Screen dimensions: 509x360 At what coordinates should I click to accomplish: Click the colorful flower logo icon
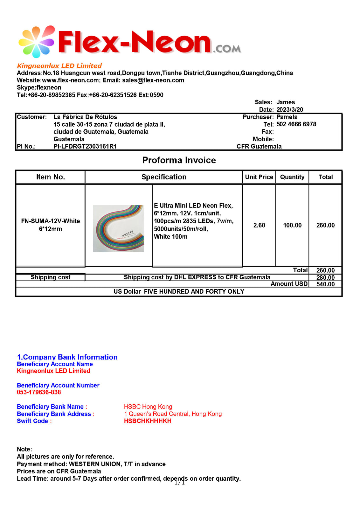point(37,42)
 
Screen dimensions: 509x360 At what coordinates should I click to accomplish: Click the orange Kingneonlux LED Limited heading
point(59,66)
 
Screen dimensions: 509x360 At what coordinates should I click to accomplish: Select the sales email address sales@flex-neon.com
point(153,80)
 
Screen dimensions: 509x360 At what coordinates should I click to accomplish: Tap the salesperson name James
point(286,102)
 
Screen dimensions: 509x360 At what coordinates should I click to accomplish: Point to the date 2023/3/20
point(290,109)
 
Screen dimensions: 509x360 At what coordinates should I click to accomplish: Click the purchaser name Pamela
point(287,117)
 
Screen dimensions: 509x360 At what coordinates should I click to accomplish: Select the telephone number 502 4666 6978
point(296,124)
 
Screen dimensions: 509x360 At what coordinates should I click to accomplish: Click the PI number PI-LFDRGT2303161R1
point(85,146)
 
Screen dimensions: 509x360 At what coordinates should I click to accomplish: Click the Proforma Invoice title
point(179,160)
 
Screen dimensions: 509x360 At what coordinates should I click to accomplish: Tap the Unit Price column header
point(259,177)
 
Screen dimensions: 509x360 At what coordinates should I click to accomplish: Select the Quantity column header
point(292,177)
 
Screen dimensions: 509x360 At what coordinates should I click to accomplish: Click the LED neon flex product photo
point(118,228)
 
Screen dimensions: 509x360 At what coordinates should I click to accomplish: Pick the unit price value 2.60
point(259,225)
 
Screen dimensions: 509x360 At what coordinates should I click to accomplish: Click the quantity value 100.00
point(292,225)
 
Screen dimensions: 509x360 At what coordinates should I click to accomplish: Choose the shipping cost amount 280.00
point(325,277)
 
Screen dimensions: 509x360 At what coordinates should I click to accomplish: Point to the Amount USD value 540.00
point(325,284)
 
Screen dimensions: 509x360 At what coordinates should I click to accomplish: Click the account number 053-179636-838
point(39,392)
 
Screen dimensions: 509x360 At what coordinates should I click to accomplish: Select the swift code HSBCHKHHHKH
point(148,421)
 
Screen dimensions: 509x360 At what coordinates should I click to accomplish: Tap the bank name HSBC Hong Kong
point(148,407)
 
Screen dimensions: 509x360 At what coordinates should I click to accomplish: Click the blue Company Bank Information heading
point(67,357)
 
